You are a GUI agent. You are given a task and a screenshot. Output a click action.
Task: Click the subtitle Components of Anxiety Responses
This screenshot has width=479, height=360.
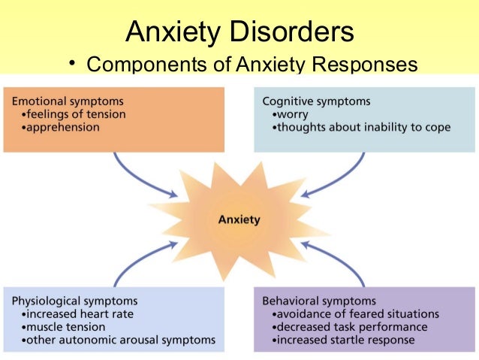pos(252,65)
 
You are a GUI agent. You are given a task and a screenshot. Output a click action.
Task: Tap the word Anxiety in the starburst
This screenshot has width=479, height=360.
pos(239,220)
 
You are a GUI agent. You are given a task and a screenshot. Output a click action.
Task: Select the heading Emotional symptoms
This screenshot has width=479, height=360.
pos(68,101)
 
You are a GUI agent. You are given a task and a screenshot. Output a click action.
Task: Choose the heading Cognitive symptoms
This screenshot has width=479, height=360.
pos(316,101)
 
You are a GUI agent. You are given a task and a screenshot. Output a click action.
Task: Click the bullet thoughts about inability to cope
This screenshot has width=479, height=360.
pos(363,128)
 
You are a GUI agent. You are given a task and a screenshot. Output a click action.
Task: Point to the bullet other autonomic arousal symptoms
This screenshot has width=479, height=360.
pos(119,340)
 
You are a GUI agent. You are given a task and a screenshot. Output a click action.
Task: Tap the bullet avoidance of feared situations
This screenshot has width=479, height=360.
pos(356,313)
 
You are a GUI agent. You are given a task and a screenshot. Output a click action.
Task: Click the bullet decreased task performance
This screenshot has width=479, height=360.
pos(350,327)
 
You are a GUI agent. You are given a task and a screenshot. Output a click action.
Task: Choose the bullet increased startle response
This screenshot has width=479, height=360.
pos(343,340)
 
